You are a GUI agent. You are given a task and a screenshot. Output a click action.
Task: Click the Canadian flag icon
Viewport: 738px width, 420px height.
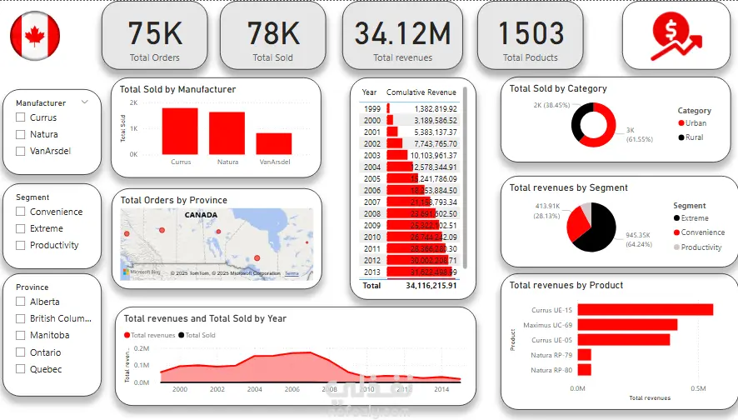click(x=35, y=36)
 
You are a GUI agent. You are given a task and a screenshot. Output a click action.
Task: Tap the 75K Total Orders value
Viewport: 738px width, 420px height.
click(x=155, y=32)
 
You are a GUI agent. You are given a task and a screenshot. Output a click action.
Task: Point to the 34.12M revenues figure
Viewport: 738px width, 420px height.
click(x=402, y=32)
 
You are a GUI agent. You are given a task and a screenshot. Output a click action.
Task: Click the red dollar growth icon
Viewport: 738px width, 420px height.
click(x=676, y=36)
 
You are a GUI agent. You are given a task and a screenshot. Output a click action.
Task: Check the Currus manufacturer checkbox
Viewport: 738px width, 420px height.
click(x=20, y=118)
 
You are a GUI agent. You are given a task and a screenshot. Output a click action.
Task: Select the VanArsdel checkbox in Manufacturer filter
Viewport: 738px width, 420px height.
click(x=20, y=152)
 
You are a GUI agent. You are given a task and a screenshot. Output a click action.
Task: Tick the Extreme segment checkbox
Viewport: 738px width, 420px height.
click(x=20, y=228)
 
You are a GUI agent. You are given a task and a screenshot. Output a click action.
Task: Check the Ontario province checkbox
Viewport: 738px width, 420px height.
click(x=20, y=352)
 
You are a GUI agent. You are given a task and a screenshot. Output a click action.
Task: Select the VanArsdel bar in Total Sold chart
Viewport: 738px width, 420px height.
click(x=274, y=143)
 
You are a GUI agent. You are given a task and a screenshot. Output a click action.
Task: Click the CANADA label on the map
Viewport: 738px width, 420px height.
click(x=201, y=215)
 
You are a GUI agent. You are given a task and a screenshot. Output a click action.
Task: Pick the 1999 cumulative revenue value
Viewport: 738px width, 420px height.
click(x=434, y=109)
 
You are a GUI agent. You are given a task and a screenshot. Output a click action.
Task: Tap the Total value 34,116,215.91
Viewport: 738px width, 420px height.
click(x=431, y=285)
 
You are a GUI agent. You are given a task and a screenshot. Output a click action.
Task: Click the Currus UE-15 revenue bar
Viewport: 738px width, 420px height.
click(x=645, y=310)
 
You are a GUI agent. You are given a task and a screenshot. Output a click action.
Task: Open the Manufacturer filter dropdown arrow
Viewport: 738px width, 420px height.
click(x=85, y=102)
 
